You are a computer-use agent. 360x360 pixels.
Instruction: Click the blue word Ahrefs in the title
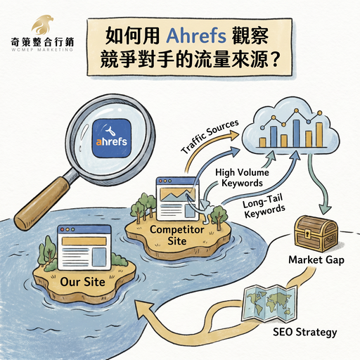coord(196,36)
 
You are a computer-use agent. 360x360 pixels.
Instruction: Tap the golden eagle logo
coord(42,25)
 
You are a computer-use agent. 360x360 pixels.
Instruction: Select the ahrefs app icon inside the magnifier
coord(112,138)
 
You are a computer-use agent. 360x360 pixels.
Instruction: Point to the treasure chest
coord(316,233)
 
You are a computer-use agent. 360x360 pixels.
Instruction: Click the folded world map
coord(269,303)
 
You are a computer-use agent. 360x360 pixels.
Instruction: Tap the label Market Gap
coord(316,260)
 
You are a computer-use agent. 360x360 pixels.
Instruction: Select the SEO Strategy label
coord(305,332)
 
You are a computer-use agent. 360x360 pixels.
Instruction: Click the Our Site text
coord(82,282)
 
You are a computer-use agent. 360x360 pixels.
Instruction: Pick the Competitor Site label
coord(177,235)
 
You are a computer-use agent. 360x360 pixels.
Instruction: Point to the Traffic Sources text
coord(210,136)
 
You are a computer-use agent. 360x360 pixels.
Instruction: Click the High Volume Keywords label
coord(242,178)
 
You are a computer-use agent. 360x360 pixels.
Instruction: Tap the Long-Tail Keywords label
coord(264,206)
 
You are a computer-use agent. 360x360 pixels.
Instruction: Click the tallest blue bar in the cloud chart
coord(296,134)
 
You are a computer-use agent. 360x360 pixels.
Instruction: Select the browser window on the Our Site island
coord(84,247)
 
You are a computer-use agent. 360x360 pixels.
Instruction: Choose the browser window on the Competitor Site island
coord(176,199)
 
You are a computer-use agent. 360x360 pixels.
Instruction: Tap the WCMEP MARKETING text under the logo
coord(42,50)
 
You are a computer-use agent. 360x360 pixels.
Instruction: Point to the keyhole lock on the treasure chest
coord(307,233)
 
